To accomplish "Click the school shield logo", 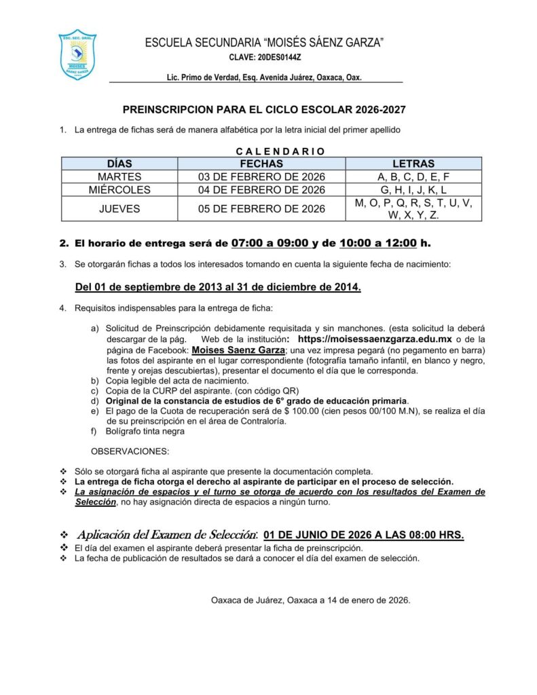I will pyautogui.click(x=77, y=54).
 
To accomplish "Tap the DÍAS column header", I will pyautogui.click(x=119, y=164).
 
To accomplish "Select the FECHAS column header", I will pyautogui.click(x=261, y=164).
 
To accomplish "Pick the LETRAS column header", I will pyautogui.click(x=413, y=164).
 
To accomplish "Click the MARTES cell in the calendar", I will pyautogui.click(x=119, y=177).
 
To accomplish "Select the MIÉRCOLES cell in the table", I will pyautogui.click(x=119, y=190).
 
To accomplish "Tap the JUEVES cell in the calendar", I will pyautogui.click(x=119, y=209).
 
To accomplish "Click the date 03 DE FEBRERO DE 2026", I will pyautogui.click(x=261, y=177).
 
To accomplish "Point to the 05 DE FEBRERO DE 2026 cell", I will pyautogui.click(x=261, y=209).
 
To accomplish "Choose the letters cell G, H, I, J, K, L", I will pyautogui.click(x=413, y=190).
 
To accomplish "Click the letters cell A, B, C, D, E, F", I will pyautogui.click(x=413, y=177).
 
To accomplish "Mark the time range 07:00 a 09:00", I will pyautogui.click(x=270, y=242).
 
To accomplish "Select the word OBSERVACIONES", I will pyautogui.click(x=130, y=451).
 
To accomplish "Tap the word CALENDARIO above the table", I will pyautogui.click(x=280, y=151).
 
